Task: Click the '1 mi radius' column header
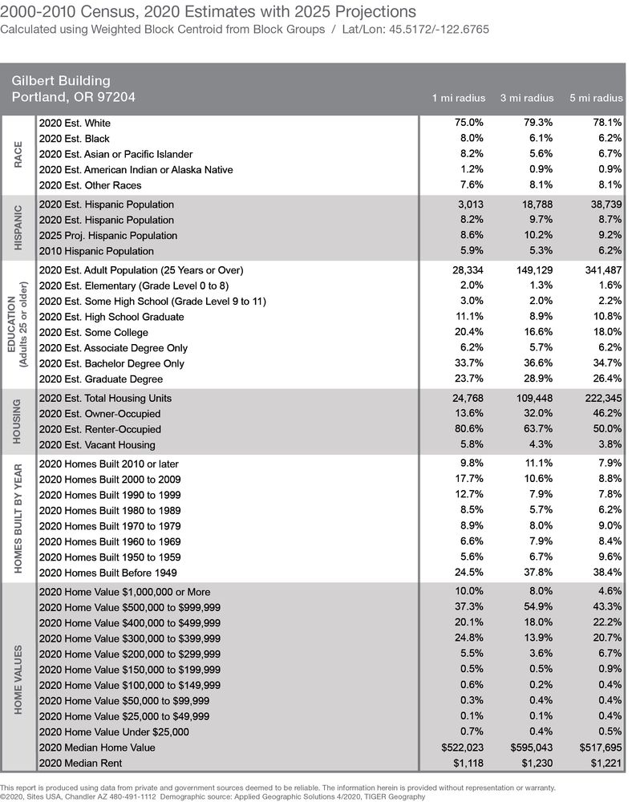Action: coord(459,98)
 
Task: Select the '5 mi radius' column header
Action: coord(596,98)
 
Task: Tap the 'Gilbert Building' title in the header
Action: coord(61,80)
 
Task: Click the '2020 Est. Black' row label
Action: coord(75,139)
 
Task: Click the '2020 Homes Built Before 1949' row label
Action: coord(108,573)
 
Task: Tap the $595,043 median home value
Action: coord(531,747)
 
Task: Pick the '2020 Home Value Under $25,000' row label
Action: coord(114,731)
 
